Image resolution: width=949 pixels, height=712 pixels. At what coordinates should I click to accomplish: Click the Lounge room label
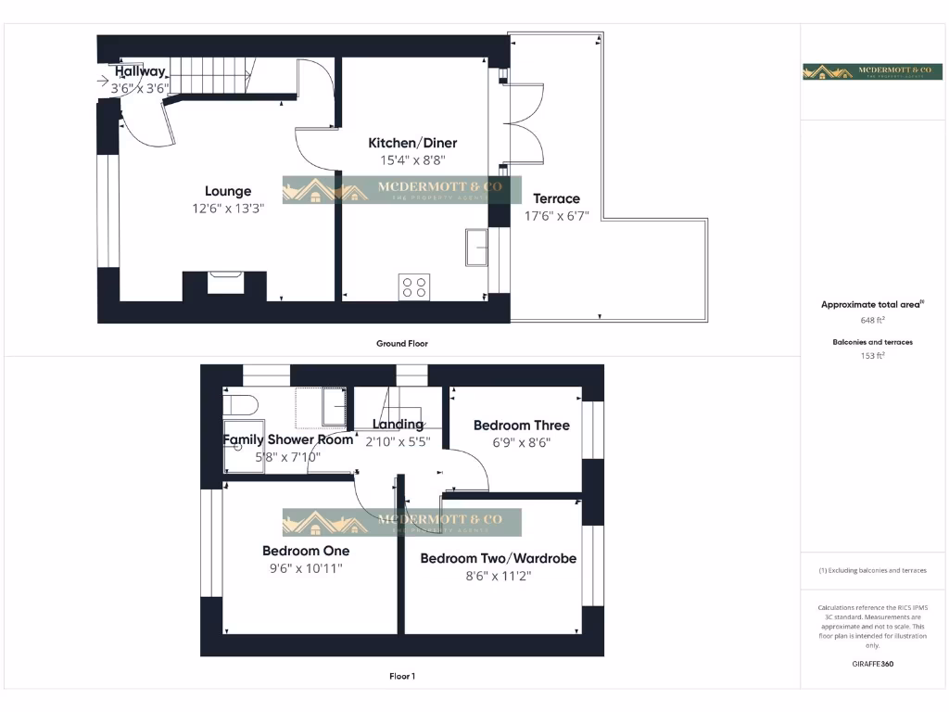click(228, 192)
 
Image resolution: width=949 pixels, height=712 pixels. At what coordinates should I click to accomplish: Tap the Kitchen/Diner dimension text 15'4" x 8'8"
click(412, 159)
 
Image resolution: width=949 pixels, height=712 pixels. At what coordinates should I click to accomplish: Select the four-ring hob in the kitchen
click(413, 287)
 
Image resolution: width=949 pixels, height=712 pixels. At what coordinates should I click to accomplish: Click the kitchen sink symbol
click(476, 248)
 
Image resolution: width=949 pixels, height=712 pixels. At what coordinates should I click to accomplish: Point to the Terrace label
click(556, 198)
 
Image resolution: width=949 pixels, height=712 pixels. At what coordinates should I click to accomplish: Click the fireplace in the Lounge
click(224, 282)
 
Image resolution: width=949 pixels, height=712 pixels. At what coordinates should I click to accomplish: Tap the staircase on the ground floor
click(214, 75)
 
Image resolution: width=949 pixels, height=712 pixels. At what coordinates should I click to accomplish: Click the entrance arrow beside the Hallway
click(102, 81)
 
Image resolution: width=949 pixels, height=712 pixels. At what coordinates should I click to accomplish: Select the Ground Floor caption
click(402, 344)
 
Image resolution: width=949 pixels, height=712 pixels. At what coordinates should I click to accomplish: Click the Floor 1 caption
click(402, 677)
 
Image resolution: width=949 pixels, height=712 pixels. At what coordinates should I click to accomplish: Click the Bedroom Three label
click(522, 426)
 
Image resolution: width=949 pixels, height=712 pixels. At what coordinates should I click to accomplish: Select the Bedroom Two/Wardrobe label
click(498, 558)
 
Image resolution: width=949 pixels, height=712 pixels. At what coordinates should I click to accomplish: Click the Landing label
click(398, 425)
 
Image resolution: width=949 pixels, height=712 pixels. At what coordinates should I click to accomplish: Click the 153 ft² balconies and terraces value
click(872, 356)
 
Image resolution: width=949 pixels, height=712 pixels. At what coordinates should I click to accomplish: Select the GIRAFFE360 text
click(872, 664)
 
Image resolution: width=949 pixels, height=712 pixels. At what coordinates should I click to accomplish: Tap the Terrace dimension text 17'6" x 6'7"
click(556, 216)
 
